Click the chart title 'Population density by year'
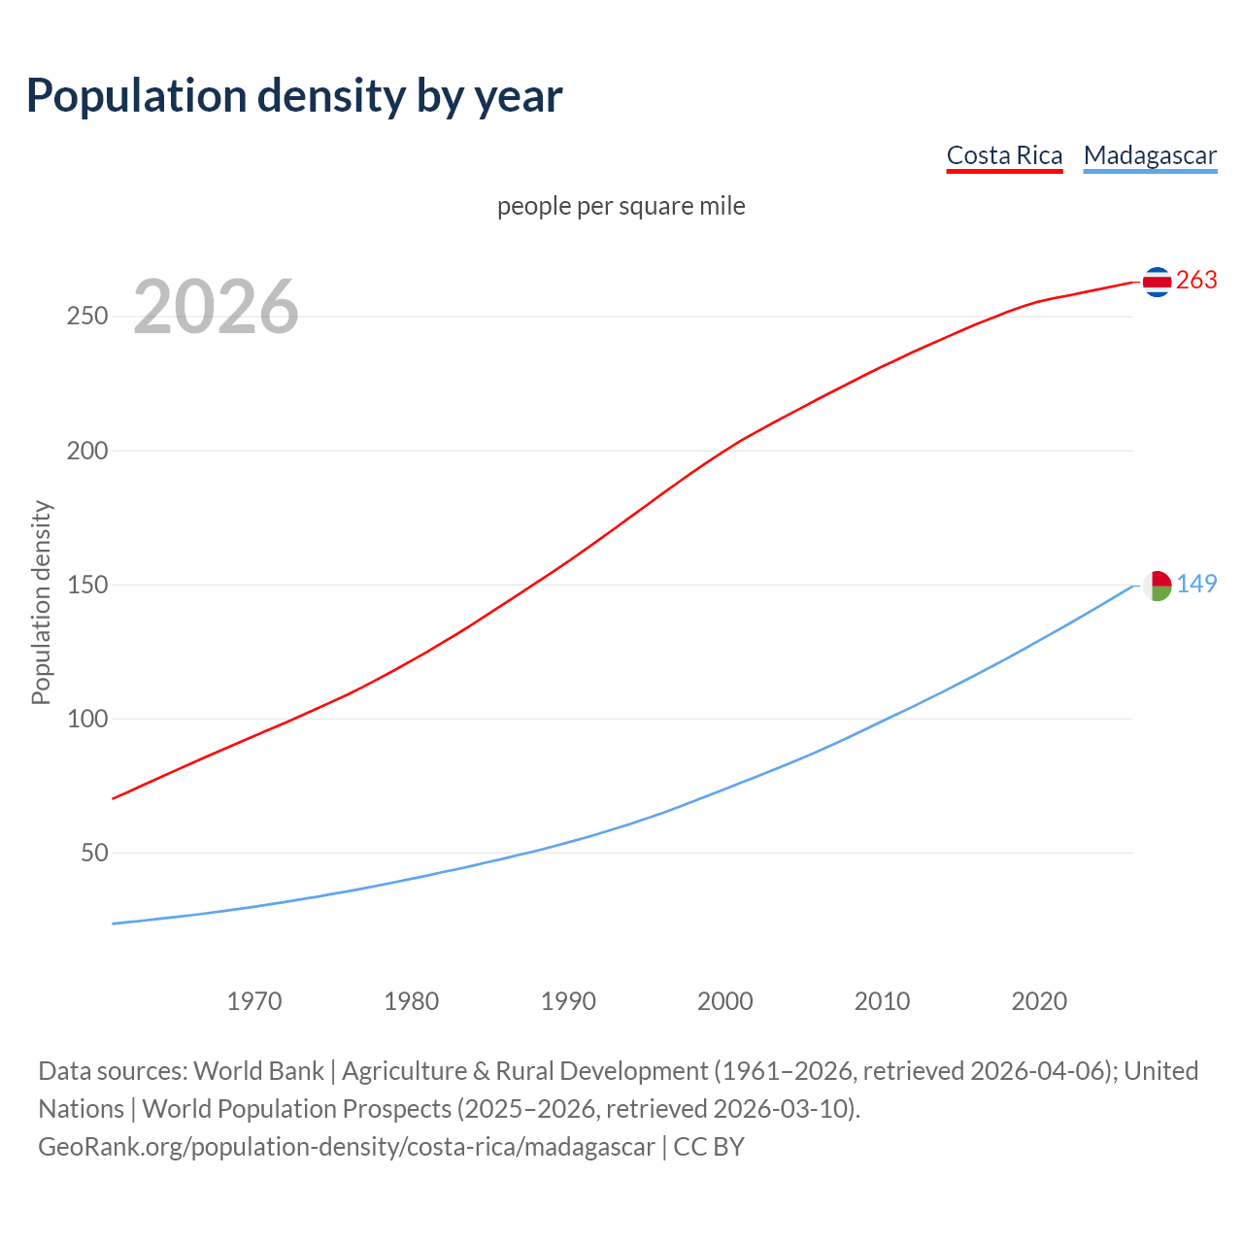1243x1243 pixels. pos(294,95)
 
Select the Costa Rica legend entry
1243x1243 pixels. pos(1004,155)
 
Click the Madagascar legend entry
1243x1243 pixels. pos(1150,155)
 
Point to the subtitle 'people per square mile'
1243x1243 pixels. pos(621,206)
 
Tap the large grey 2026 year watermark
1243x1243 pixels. pos(216,307)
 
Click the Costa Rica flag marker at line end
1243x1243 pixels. pos(1157,282)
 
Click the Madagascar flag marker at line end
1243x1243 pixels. pos(1157,585)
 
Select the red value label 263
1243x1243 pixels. pos(1196,280)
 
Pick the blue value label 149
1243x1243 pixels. pos(1196,584)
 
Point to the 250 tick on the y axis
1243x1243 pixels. pos(87,317)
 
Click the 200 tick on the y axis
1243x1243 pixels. pos(87,451)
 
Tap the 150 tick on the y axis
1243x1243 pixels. pos(87,585)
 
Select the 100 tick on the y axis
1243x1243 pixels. pos(87,719)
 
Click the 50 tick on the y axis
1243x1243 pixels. pos(94,853)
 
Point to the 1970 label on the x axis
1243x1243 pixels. pos(254,1001)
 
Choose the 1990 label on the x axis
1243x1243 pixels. pos(568,1001)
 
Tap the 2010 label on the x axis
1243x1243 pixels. pos(882,1001)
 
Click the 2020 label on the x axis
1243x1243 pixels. pos(1039,1001)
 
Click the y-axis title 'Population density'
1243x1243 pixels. pos(41,602)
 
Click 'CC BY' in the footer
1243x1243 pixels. pos(709,1147)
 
